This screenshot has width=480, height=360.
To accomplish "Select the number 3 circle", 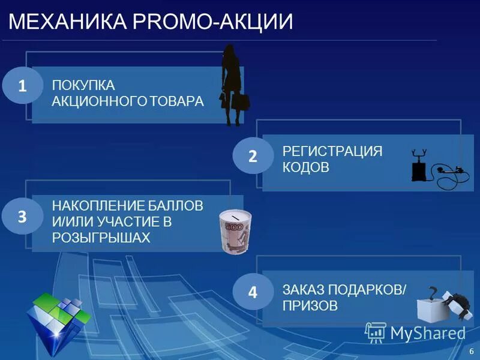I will coord(22,217).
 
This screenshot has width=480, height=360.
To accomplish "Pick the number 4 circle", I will coord(253,293).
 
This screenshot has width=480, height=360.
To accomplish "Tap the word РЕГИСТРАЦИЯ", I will coord(332,151).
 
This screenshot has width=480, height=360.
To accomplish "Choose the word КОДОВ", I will coord(305,167).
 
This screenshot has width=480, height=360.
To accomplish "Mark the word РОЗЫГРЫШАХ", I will coord(100,238).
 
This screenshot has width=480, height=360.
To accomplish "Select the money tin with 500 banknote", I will coord(232,232).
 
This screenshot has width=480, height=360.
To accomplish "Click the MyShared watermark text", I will coord(427,333).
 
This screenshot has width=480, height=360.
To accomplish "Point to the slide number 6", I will coord(472,350).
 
